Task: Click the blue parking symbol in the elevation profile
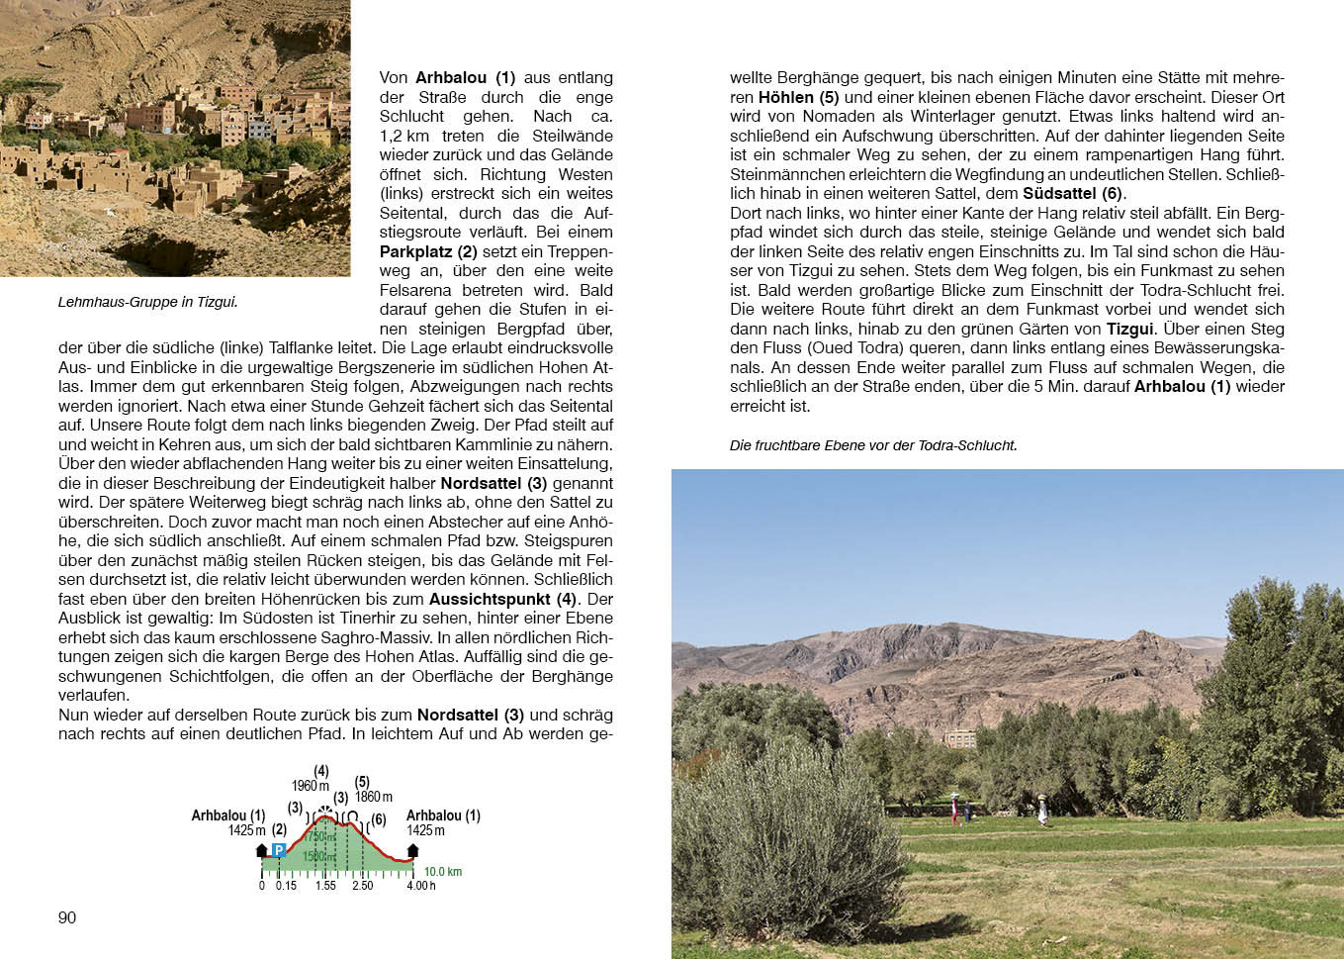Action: click(x=279, y=850)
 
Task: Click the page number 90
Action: click(x=67, y=917)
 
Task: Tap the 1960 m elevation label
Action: click(x=311, y=786)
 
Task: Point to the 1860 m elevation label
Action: click(x=374, y=797)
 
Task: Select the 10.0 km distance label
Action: click(x=443, y=872)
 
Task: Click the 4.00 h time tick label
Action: click(x=420, y=886)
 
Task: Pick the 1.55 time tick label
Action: click(x=326, y=886)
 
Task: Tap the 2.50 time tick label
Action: click(x=363, y=886)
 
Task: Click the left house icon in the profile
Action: click(x=262, y=850)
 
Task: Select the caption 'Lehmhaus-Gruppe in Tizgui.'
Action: click(x=147, y=302)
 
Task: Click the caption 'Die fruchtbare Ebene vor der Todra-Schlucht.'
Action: click(x=873, y=445)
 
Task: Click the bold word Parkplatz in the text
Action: click(x=415, y=251)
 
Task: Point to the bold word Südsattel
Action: click(x=1060, y=193)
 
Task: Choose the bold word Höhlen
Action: click(x=785, y=97)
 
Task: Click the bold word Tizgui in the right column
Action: click(x=1129, y=329)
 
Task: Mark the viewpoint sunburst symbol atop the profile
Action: click(x=322, y=810)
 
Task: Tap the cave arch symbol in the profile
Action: click(x=352, y=816)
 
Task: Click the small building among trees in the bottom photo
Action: click(x=959, y=738)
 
